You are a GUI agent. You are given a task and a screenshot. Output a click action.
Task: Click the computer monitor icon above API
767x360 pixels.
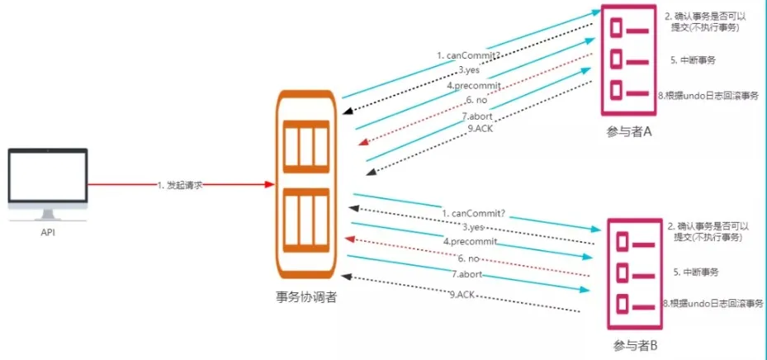[48, 184]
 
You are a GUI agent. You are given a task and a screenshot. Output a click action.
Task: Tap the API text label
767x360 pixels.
[48, 233]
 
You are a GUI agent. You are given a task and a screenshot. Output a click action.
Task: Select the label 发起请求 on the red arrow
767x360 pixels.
[179, 186]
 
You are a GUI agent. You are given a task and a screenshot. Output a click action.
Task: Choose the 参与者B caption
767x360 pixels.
[635, 344]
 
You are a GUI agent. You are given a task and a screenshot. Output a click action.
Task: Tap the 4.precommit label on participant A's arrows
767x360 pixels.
[473, 85]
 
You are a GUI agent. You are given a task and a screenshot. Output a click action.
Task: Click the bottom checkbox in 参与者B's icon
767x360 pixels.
[621, 304]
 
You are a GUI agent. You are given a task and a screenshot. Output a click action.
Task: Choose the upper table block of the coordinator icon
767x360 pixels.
[306, 144]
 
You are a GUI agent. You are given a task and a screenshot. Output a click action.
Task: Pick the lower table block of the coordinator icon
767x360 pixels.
[306, 220]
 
